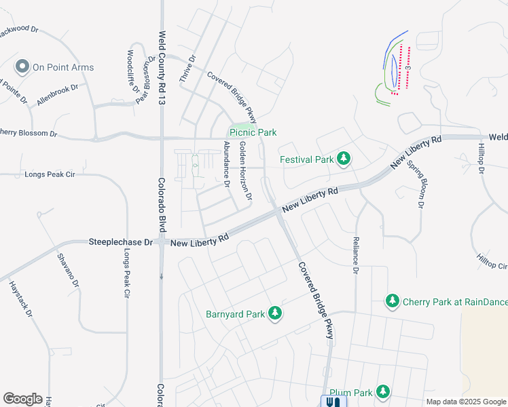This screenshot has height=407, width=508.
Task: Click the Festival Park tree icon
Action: click(x=344, y=159)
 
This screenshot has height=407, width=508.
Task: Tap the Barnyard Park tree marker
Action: click(x=274, y=313)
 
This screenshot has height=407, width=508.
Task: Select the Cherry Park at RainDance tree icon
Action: click(x=392, y=301)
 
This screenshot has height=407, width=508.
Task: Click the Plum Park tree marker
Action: click(x=383, y=392)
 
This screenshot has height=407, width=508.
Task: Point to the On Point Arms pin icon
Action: click(x=22, y=66)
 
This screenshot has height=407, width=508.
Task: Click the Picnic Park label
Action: click(x=253, y=132)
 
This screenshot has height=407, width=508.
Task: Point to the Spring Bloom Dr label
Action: click(x=416, y=183)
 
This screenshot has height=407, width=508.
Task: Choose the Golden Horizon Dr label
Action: click(x=245, y=171)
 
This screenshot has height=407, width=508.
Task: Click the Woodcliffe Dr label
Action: click(x=133, y=71)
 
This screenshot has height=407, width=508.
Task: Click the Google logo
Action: click(x=22, y=399)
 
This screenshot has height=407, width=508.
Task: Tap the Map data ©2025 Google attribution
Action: click(x=466, y=402)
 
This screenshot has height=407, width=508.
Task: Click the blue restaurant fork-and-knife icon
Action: click(x=332, y=402)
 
